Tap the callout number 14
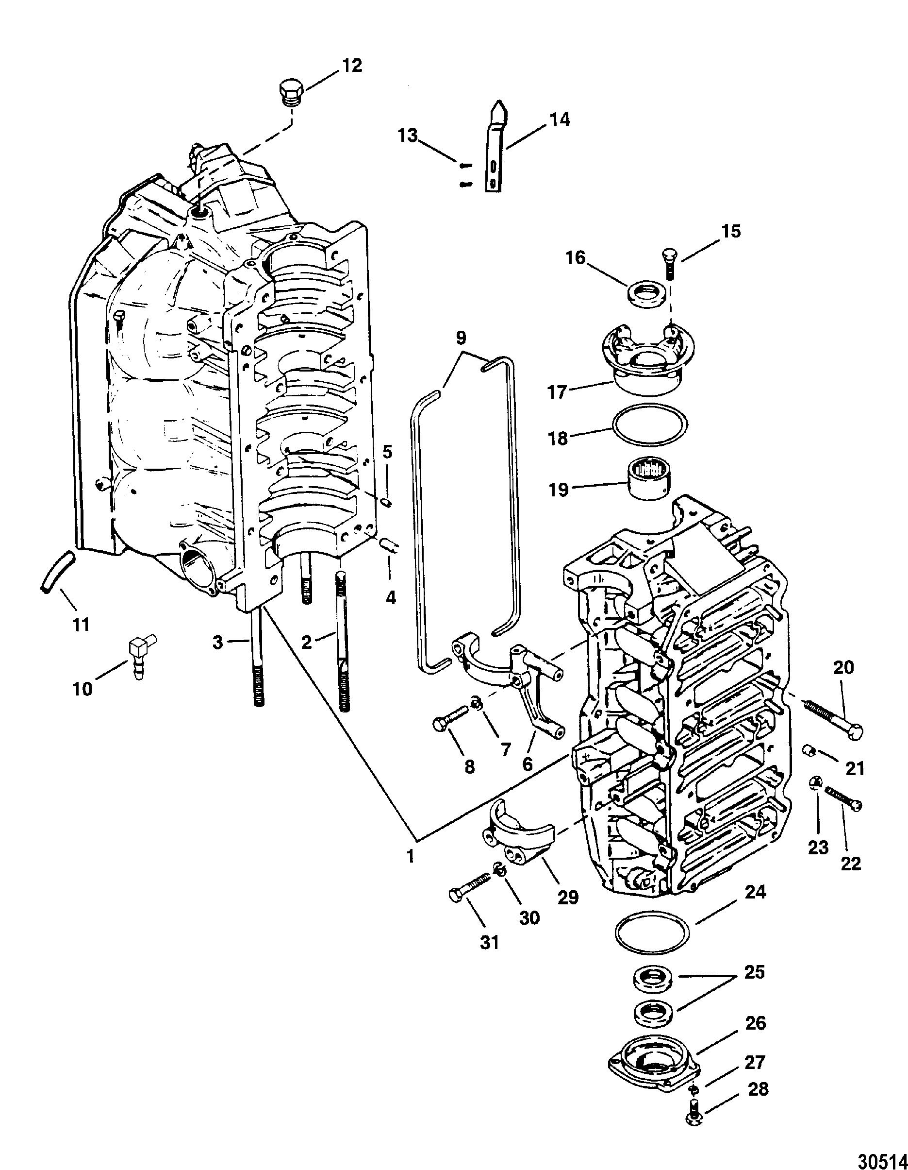click(559, 119)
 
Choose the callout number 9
click(462, 338)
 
